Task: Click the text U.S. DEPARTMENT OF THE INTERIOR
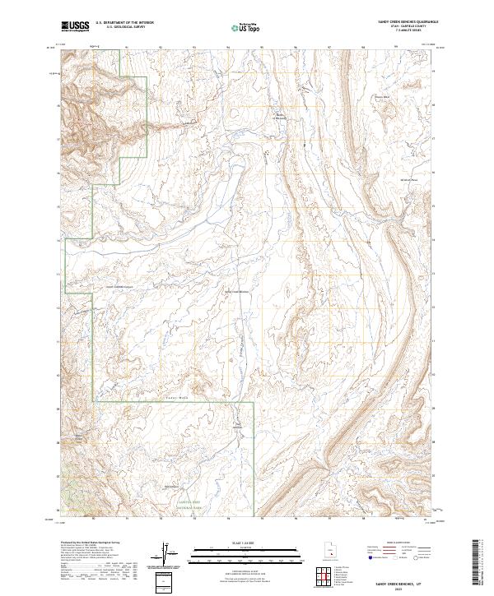click(x=124, y=24)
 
